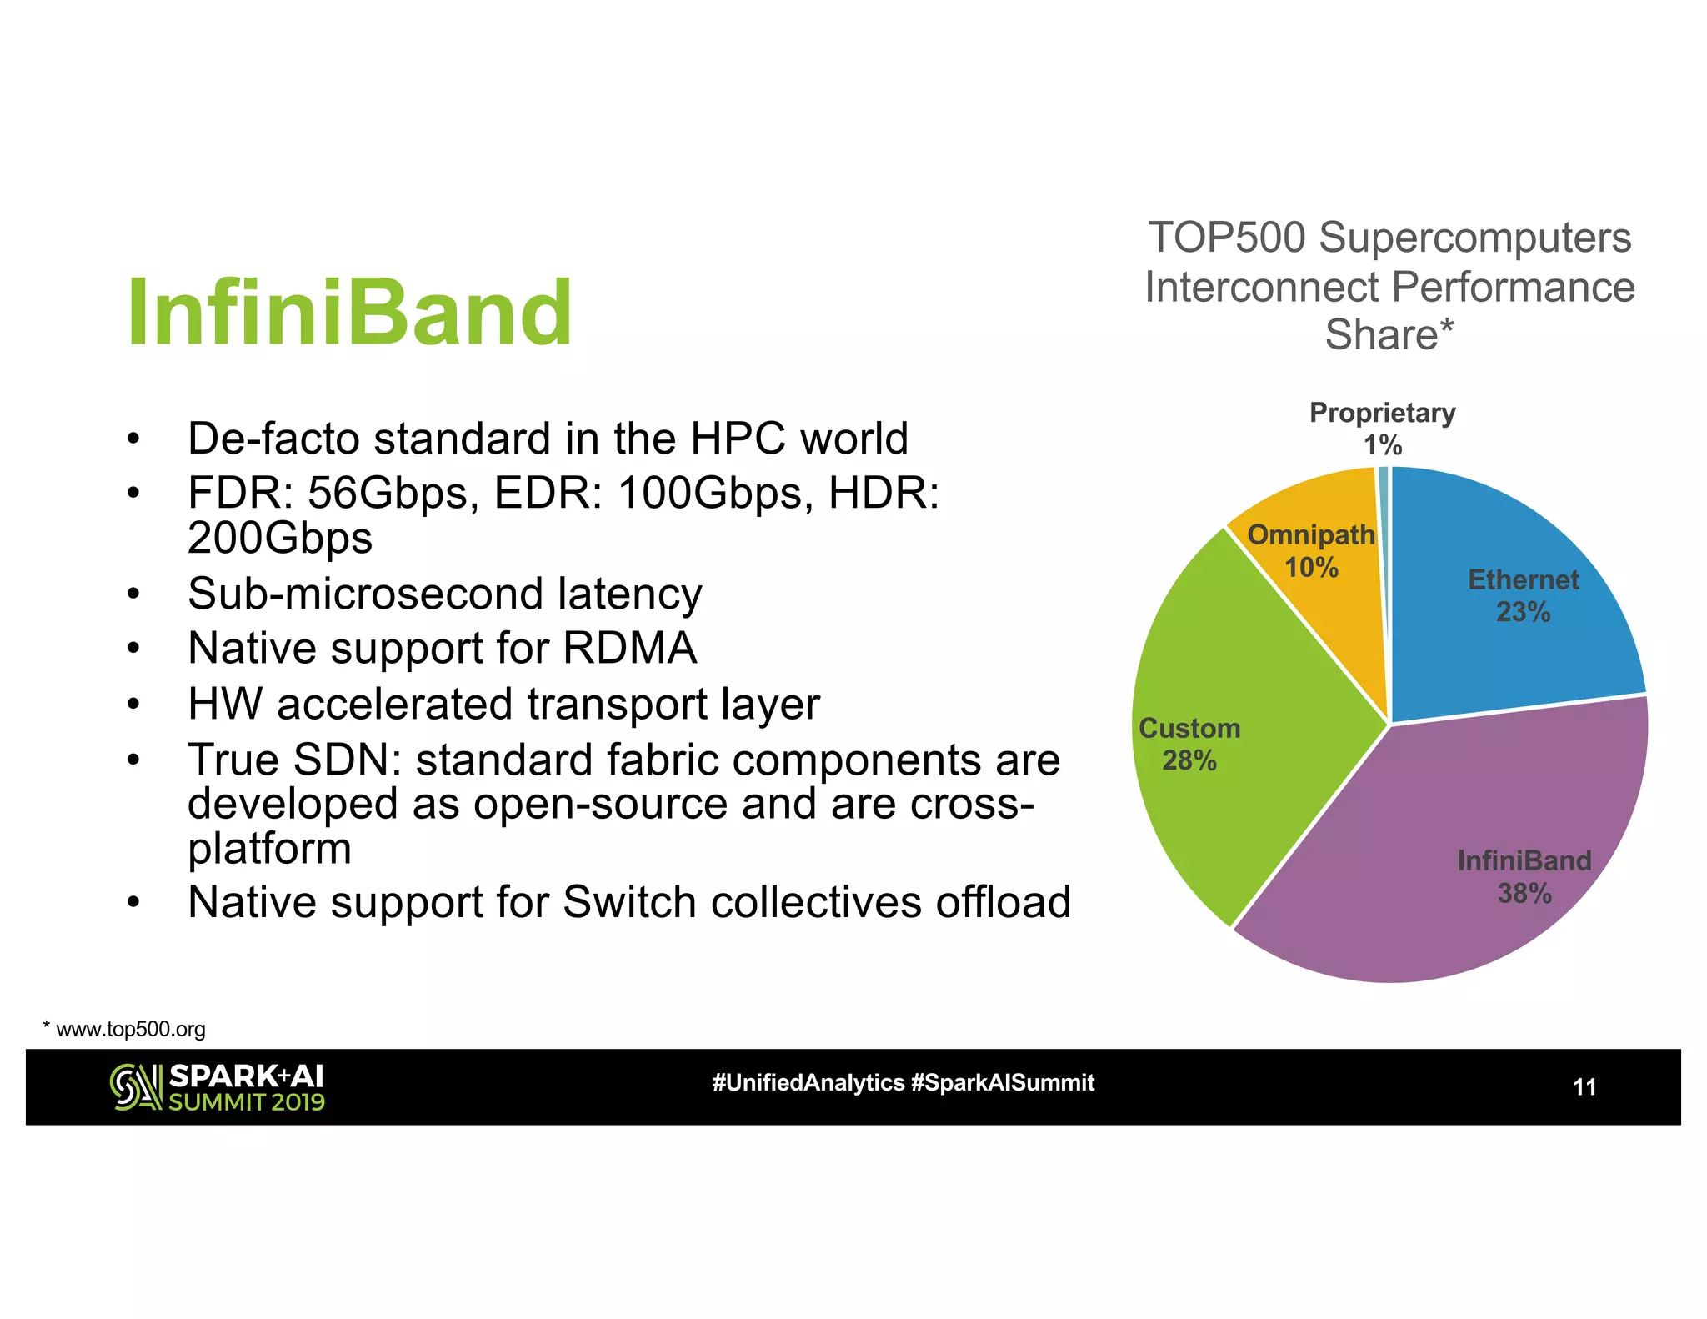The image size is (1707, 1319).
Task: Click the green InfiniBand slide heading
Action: click(349, 313)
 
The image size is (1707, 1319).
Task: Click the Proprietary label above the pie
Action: click(1382, 413)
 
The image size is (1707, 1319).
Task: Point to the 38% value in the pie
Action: click(1524, 894)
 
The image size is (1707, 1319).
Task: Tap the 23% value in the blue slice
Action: click(1523, 612)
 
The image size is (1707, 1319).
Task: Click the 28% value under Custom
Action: click(1189, 760)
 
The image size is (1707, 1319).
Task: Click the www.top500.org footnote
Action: click(130, 1029)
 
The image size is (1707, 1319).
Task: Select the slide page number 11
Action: click(1584, 1087)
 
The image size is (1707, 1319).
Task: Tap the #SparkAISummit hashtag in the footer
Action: click(1003, 1082)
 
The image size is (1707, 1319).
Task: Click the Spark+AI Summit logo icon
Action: click(136, 1087)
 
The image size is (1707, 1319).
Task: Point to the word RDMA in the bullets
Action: click(630, 649)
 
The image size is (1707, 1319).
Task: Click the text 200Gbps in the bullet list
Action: click(280, 538)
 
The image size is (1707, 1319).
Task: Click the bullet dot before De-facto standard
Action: click(133, 439)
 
